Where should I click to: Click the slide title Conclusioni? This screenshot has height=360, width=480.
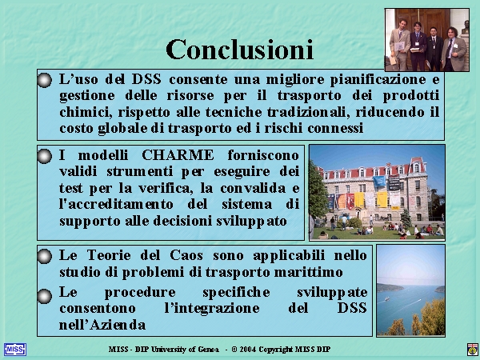[240, 50]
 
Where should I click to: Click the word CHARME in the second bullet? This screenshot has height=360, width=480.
[178, 155]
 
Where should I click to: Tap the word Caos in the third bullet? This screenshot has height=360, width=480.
[186, 255]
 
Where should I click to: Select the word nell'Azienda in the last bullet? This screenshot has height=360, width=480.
[102, 325]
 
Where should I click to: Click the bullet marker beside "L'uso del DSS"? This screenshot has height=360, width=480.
[45, 80]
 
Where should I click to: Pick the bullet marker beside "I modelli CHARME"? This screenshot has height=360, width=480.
[45, 156]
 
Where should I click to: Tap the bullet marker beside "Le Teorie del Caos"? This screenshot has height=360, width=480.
[45, 256]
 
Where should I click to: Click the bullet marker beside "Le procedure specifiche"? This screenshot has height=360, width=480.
[45, 296]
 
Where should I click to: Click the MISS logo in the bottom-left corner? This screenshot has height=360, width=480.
[15, 350]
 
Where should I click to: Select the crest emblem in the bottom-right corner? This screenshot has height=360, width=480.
[472, 350]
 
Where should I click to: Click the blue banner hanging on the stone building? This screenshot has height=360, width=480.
[379, 182]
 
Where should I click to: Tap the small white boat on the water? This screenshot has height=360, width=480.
[386, 298]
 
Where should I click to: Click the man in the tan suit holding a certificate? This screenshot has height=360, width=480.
[399, 45]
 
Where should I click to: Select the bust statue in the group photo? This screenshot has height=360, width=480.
[465, 27]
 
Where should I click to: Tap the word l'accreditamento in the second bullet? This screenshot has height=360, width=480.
[116, 203]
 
